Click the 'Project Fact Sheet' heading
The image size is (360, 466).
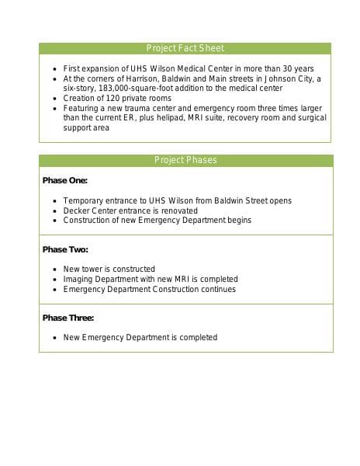(185, 48)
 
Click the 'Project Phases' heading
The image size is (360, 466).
(185, 161)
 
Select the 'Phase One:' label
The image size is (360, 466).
(65, 181)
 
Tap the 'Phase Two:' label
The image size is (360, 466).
(65, 250)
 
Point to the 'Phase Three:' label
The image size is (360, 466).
(68, 318)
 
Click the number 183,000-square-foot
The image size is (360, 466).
(130, 89)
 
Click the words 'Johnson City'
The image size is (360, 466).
(291, 78)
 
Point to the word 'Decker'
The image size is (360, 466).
(75, 210)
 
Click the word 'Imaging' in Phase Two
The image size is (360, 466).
(78, 279)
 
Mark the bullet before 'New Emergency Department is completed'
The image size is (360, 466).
(54, 338)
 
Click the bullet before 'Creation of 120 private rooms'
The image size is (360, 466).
(54, 99)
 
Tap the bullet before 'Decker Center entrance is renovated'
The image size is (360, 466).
(54, 210)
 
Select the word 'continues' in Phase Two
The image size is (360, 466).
(219, 289)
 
